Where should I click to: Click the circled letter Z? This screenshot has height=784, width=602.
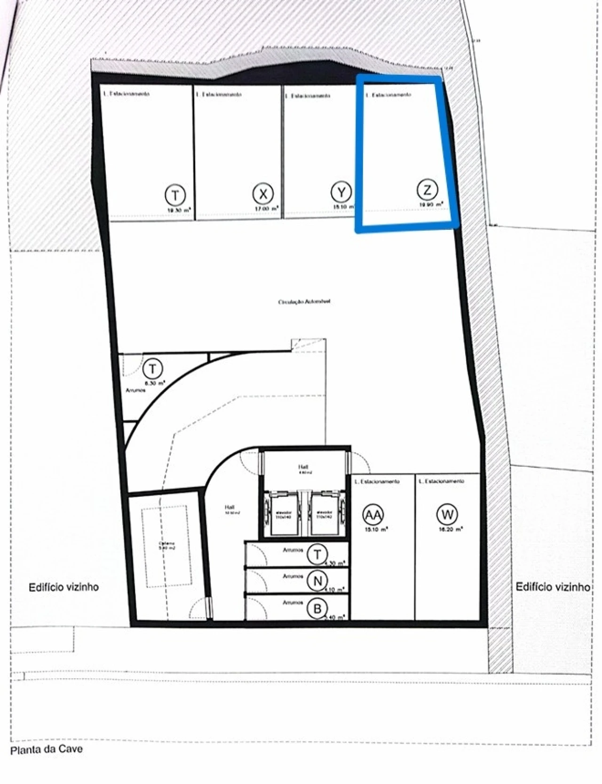pyautogui.click(x=427, y=190)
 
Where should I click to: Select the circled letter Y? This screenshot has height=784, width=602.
pyautogui.click(x=341, y=192)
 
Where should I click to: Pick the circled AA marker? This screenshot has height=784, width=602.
pyautogui.click(x=373, y=515)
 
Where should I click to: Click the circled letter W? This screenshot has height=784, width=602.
pyautogui.click(x=447, y=514)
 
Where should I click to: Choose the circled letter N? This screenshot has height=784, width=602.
pyautogui.click(x=317, y=581)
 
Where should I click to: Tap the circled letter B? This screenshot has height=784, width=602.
pyautogui.click(x=317, y=609)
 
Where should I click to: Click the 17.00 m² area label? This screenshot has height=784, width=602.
pyautogui.click(x=266, y=208)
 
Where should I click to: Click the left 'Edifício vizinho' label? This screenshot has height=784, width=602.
pyautogui.click(x=64, y=587)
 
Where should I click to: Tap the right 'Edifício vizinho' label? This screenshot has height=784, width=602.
pyautogui.click(x=553, y=587)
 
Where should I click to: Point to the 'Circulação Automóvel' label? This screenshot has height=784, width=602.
pyautogui.click(x=304, y=301)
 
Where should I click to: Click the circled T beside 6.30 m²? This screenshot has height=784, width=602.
pyautogui.click(x=152, y=369)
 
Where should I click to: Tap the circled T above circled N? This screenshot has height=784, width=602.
pyautogui.click(x=317, y=555)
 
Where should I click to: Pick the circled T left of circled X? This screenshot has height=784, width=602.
pyautogui.click(x=175, y=194)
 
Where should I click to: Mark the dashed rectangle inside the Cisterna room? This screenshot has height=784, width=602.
pyautogui.click(x=166, y=546)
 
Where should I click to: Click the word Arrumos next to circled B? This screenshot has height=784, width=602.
pyautogui.click(x=292, y=603)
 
